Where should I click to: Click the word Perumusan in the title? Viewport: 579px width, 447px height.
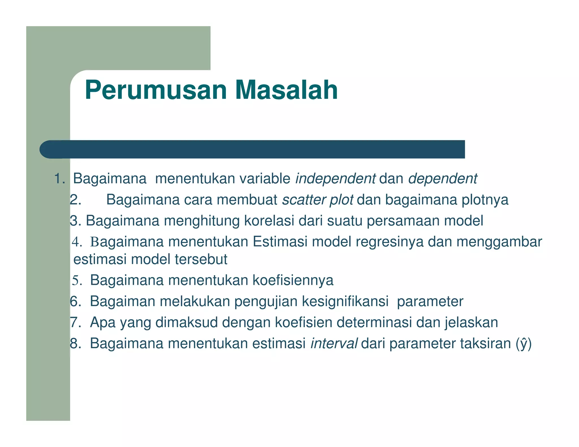click(x=156, y=90)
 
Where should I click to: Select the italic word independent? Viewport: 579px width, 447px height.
click(x=335, y=179)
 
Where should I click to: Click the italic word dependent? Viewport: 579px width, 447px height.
click(x=442, y=179)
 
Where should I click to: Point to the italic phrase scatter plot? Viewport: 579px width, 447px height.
click(x=317, y=200)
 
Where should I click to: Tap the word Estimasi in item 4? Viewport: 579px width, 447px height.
click(x=280, y=242)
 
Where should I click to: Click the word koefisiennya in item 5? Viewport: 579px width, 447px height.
click(x=293, y=280)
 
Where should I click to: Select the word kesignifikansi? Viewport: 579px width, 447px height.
click(x=345, y=301)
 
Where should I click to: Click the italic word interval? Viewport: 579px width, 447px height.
click(x=334, y=344)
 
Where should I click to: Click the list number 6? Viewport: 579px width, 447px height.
click(x=75, y=301)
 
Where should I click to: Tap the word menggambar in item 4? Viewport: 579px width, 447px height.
click(x=499, y=242)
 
